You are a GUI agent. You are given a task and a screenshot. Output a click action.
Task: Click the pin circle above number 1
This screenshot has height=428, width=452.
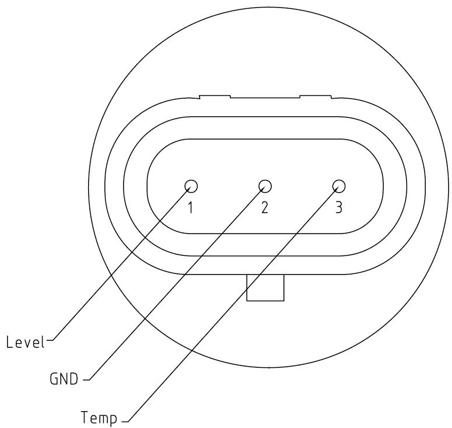click(x=191, y=186)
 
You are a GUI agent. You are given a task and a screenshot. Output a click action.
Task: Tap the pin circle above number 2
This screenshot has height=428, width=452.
click(x=265, y=186)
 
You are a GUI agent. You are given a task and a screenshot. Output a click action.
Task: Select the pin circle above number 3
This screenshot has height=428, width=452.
click(x=339, y=186)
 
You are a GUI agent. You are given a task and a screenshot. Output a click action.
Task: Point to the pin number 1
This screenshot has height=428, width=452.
click(x=191, y=207)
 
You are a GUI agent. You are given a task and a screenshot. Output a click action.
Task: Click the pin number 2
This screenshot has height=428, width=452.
click(x=265, y=207)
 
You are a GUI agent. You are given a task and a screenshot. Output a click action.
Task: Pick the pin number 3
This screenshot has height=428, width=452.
click(x=339, y=207)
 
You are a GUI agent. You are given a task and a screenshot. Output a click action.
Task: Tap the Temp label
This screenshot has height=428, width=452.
click(x=99, y=417)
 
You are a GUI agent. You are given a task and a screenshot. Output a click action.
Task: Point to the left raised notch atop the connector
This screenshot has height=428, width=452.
click(x=215, y=96)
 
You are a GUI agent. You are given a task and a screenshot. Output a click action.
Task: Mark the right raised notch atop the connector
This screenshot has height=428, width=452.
click(x=316, y=96)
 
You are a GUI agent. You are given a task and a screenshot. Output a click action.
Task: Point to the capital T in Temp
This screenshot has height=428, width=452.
click(x=85, y=417)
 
